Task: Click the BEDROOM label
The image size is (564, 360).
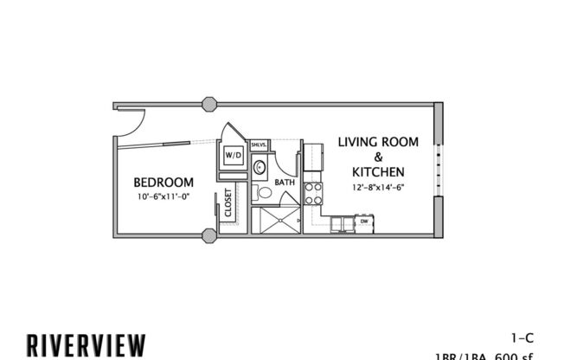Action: pos(163,183)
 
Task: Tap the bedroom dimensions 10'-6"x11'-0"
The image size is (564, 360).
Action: pos(163,196)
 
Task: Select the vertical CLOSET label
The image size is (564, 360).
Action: pos(228,202)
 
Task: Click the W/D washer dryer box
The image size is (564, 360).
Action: pos(234,156)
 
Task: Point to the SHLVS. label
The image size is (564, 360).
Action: pos(258,145)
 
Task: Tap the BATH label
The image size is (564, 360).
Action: pos(285,183)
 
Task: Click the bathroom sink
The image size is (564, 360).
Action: pos(260,167)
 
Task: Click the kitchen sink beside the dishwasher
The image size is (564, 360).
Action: pos(343,223)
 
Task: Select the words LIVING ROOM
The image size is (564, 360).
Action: pos(378,141)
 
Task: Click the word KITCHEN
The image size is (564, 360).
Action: pos(379,172)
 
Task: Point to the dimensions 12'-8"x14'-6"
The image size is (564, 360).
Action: pos(379,188)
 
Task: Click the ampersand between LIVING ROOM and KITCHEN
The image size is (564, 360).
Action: pos(378,157)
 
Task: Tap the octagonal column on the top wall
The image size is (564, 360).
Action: pos(208,105)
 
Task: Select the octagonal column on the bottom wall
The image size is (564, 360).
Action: pos(208,235)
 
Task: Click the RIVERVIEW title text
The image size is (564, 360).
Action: pos(86,344)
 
